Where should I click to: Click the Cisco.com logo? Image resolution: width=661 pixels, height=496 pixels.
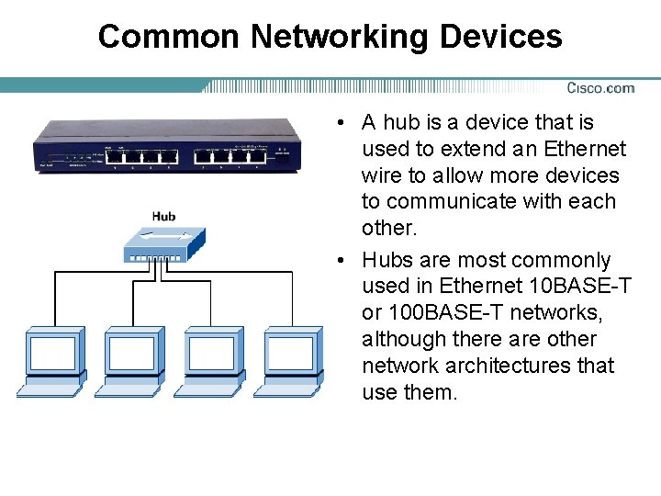click(600, 88)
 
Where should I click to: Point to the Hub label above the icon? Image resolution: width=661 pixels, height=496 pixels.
click(163, 217)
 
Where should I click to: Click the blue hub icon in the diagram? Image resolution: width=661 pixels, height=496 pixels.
click(162, 243)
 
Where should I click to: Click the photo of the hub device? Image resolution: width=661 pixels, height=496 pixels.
click(167, 146)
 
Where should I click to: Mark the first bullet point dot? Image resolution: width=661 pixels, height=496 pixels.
click(340, 123)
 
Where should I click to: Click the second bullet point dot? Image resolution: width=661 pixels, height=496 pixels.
click(340, 261)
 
